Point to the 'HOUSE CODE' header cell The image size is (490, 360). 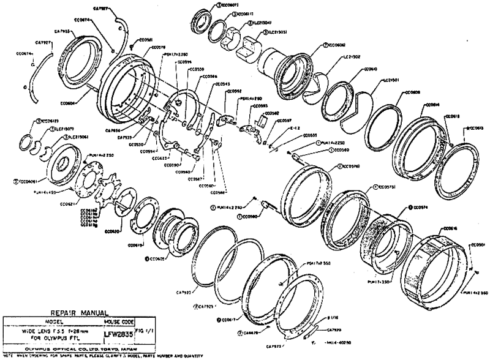119,321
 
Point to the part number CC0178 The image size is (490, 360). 157,46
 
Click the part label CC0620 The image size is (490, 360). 112,231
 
